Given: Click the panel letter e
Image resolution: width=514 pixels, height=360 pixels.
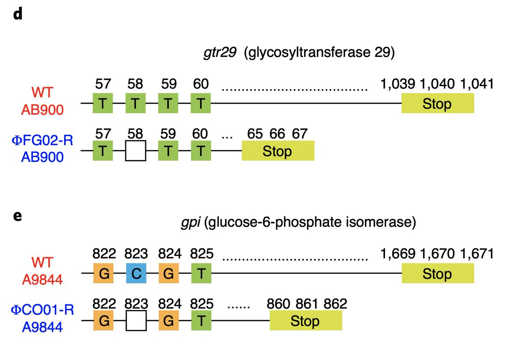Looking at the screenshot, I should tap(17, 215).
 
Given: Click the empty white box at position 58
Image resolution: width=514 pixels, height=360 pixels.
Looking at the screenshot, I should tap(136, 151).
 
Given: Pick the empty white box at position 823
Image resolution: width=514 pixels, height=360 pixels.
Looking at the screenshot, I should tap(136, 321).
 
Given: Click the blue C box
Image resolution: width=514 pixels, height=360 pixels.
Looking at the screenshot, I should tap(136, 273).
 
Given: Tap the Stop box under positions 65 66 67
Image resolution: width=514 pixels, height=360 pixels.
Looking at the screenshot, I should tap(278, 151).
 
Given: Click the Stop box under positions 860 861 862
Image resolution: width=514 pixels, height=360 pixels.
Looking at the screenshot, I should tap(305, 321).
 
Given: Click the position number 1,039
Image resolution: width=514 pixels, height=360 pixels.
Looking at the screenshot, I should tap(397, 84).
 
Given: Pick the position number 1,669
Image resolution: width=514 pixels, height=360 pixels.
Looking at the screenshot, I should tap(397, 254).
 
